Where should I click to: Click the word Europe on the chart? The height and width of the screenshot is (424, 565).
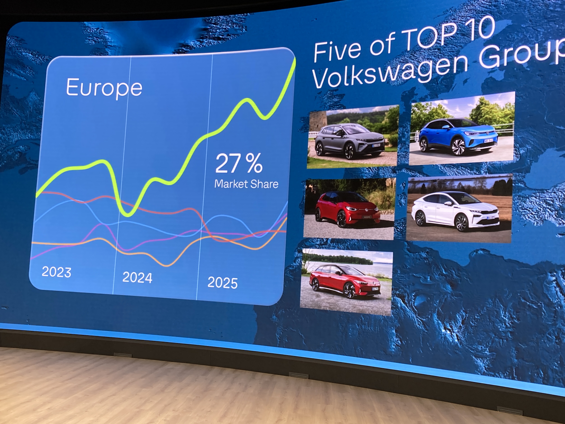[x=104, y=88]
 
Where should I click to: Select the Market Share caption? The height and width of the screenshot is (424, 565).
[x=246, y=184]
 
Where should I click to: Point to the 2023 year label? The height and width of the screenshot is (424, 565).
[x=56, y=272]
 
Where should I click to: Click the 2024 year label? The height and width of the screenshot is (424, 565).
[x=137, y=277]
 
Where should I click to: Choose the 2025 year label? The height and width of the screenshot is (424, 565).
[x=223, y=283]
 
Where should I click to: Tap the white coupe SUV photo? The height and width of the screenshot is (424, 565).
[x=459, y=208]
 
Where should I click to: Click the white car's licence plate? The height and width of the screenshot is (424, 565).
[x=491, y=218]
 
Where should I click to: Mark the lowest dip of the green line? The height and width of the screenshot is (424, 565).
[x=127, y=214]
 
